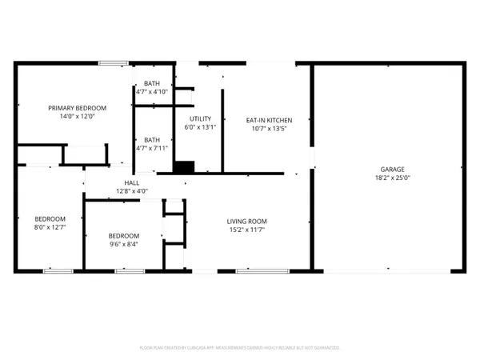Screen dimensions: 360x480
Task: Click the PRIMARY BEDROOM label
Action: tap(77, 108)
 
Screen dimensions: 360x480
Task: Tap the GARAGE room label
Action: tap(392, 170)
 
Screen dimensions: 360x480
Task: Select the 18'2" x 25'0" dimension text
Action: tap(392, 179)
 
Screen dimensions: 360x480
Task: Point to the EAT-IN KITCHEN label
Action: tap(268, 119)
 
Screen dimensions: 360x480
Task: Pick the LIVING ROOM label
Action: tap(246, 222)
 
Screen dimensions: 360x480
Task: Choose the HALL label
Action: tap(132, 183)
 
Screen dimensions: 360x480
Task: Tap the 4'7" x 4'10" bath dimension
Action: tap(151, 92)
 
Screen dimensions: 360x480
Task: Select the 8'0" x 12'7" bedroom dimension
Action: tap(50, 228)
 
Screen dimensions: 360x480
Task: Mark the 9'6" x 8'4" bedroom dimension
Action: tap(124, 245)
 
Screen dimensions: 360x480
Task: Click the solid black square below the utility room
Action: tap(184, 167)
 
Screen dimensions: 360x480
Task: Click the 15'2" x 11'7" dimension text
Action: tap(246, 230)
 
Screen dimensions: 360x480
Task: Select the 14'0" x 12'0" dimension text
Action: tap(77, 117)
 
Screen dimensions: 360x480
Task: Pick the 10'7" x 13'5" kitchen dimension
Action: tap(268, 128)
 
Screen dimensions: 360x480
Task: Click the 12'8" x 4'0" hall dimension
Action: tap(132, 192)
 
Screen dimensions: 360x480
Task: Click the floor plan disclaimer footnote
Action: tap(240, 348)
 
